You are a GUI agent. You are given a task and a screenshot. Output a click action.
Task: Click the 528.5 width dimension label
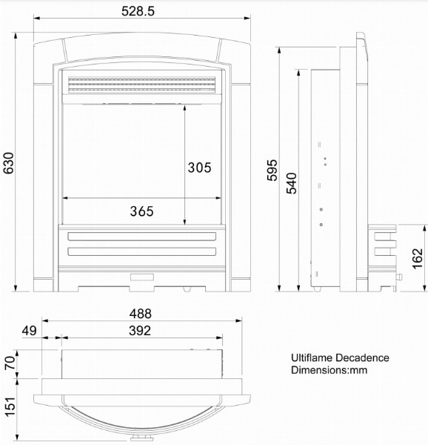click(138, 11)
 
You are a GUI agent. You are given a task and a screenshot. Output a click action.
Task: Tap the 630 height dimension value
click(8, 163)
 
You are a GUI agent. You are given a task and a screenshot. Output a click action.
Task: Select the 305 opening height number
click(199, 168)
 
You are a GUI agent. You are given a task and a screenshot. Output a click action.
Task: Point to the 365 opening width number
click(141, 211)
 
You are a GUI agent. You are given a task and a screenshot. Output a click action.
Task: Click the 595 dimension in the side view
click(272, 171)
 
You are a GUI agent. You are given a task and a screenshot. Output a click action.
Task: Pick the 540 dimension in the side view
click(292, 183)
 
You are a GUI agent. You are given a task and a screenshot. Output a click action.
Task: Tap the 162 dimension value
click(418, 259)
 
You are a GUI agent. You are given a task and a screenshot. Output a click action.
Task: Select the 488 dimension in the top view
click(141, 314)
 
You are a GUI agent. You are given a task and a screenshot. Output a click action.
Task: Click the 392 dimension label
click(140, 331)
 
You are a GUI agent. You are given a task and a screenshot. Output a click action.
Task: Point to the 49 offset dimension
click(29, 331)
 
